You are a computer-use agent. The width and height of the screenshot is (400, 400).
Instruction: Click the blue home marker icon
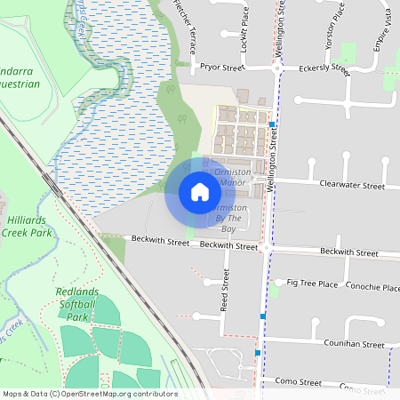tap(199, 192)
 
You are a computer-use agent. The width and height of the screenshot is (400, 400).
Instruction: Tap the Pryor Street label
tap(222, 67)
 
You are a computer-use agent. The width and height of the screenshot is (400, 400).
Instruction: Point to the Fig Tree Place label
tap(312, 284)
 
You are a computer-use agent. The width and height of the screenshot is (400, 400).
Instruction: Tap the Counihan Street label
tap(354, 344)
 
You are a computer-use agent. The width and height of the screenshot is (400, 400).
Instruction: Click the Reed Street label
tap(225, 293)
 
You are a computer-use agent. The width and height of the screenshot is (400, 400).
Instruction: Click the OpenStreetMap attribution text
tap(90, 394)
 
